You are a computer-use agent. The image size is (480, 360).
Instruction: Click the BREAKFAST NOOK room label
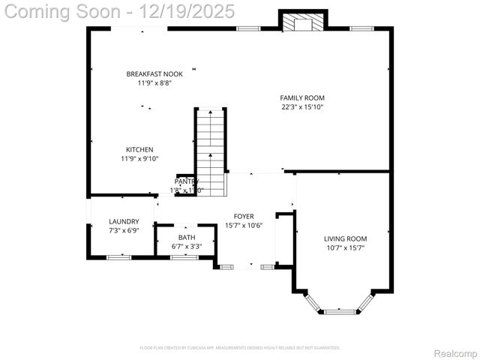point(154,74)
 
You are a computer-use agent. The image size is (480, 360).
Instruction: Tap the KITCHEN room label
point(139,150)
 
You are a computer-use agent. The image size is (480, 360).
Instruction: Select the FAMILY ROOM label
point(302,98)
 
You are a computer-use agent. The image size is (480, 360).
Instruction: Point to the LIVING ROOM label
point(345,239)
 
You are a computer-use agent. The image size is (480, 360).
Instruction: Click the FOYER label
point(243,216)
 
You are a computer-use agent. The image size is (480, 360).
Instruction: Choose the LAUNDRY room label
point(124,221)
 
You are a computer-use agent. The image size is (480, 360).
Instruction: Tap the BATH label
point(187,238)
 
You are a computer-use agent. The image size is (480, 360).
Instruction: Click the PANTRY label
point(186,181)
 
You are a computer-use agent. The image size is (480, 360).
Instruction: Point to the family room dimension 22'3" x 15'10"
point(302,107)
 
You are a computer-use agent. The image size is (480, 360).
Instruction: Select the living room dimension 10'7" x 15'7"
point(345,248)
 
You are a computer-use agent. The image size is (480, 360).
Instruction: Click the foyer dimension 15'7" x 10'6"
point(243,226)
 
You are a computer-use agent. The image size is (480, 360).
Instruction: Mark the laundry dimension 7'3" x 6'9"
point(124,230)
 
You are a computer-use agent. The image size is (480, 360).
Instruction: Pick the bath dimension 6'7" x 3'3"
point(187,246)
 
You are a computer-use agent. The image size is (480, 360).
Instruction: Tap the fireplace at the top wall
point(303,23)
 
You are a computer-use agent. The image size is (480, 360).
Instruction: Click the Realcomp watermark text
point(455,353)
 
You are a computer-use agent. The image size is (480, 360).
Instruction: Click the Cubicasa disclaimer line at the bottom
point(240,348)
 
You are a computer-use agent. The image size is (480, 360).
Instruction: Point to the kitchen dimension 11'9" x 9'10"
point(139,159)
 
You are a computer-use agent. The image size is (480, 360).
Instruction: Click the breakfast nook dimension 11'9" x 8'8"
point(154,83)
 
